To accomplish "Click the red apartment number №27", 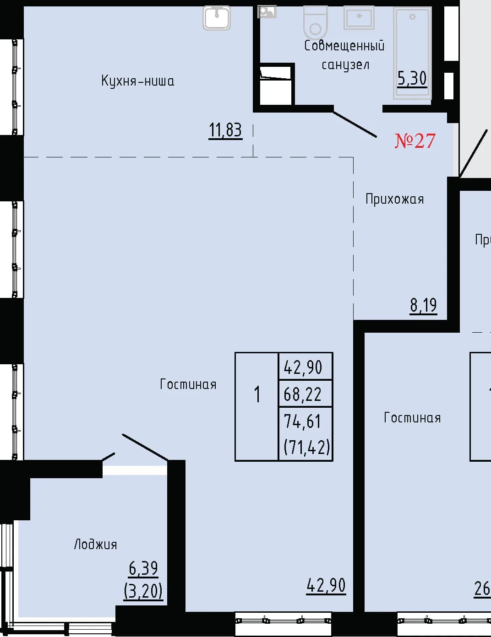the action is coord(415,141).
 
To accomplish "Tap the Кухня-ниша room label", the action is coord(137,81).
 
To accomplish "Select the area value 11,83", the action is coord(225,130).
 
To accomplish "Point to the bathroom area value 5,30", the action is coord(412,79).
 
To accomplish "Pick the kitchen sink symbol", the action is coord(217,18).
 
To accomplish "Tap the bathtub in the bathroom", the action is coord(413,52).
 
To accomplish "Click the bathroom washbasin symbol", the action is coord(359,17).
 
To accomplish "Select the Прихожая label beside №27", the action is coord(394,199).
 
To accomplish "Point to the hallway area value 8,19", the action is coord(423,305).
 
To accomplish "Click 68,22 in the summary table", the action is coord(302,394).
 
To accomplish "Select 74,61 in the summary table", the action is coord(302,421).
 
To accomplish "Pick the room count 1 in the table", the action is coord(257,394).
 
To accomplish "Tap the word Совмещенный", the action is coord(344,46).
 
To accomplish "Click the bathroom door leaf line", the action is coord(355,124).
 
